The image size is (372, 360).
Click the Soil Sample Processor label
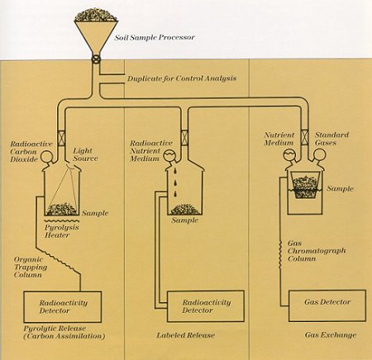tap(155, 37)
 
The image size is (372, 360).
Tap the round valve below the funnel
tap(96, 59)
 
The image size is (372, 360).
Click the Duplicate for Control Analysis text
tap(182, 78)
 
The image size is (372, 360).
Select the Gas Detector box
tap(327, 306)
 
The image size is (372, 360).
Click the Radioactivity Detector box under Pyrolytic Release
tap(63, 307)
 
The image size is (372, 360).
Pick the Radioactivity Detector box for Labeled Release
tap(206, 306)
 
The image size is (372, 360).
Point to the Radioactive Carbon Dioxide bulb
tap(46, 157)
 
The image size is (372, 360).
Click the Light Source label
tap(85, 154)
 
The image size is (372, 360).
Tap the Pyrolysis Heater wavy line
tap(62, 220)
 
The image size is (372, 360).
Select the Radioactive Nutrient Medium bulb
tap(169, 156)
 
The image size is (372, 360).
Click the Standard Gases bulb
tap(320, 154)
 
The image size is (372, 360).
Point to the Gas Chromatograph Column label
tap(317, 251)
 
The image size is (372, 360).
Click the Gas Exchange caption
tap(331, 334)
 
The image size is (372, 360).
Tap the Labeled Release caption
tap(185, 335)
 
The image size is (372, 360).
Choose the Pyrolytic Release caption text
tap(64, 332)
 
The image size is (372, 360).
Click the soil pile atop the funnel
tap(96, 15)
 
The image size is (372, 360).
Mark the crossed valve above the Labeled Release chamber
tap(184, 136)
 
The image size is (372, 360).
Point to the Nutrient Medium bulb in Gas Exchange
tap(289, 155)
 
